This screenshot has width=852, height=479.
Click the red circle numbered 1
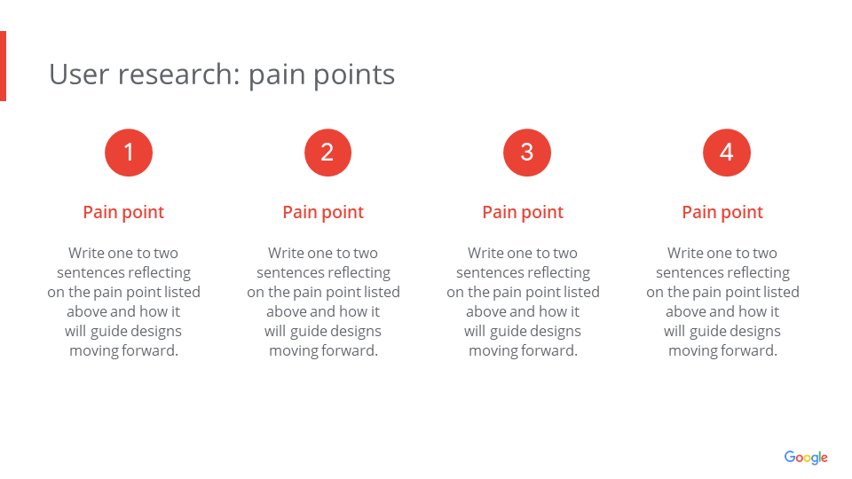[x=129, y=153]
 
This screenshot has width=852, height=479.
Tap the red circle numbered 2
[x=327, y=153]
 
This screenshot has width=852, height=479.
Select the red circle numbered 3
[x=527, y=153]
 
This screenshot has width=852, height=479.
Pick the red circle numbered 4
[x=727, y=153]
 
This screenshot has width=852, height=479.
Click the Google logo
[x=806, y=458]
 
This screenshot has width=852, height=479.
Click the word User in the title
[x=79, y=75]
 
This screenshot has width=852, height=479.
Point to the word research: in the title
[x=178, y=75]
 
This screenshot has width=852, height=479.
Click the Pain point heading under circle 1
[x=123, y=212]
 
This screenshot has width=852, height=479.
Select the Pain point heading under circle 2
[x=323, y=212]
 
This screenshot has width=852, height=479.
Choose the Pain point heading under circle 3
[x=523, y=212]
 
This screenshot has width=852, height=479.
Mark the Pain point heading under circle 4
[x=722, y=212]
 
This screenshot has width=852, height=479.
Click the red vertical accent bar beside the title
[x=3, y=66]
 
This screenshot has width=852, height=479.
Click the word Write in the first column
[x=86, y=253]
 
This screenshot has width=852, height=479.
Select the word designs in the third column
[x=556, y=332]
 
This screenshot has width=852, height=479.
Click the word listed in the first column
[x=182, y=292]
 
